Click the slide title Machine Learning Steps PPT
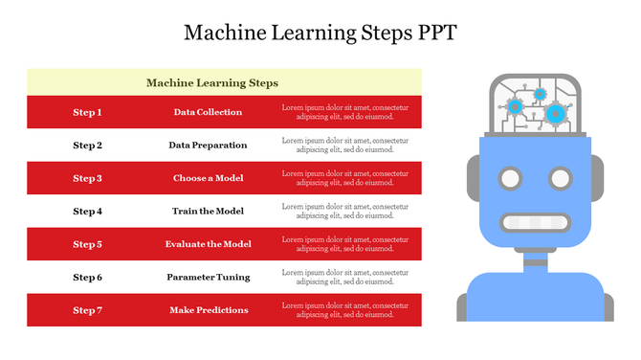tap(320, 33)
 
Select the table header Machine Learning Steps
tap(212, 83)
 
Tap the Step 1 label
tap(87, 113)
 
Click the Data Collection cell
tap(208, 113)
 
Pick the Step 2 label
tap(87, 146)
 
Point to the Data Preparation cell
tap(208, 146)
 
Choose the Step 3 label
tap(87, 178)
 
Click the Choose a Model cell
tap(208, 178)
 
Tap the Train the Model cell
tap(208, 211)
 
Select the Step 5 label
tap(87, 244)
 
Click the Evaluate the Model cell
tap(208, 244)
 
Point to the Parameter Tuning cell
tap(208, 277)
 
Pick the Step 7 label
tap(87, 310)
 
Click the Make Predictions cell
tap(208, 310)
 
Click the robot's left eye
tap(511, 178)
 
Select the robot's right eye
tap(560, 178)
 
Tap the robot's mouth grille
tap(535, 223)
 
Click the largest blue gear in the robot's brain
tap(556, 114)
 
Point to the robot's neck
tap(535, 257)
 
